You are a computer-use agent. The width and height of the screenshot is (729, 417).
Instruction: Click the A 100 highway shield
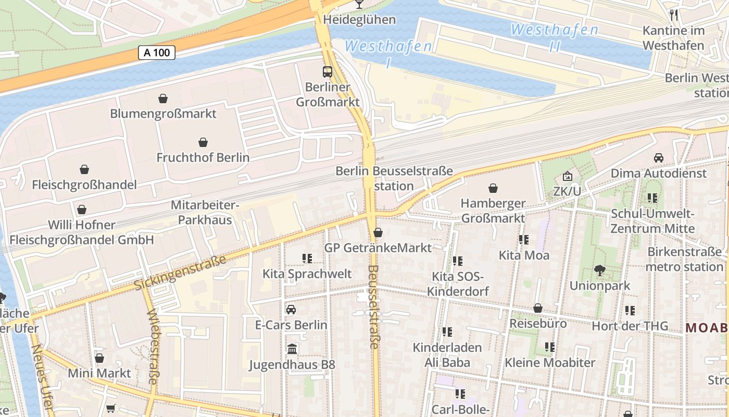click(x=156, y=52)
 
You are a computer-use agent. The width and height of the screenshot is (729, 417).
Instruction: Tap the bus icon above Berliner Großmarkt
click(x=328, y=72)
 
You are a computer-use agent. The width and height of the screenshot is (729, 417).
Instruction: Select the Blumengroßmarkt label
click(x=163, y=113)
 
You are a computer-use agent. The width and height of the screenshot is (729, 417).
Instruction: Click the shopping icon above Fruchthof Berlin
click(x=203, y=142)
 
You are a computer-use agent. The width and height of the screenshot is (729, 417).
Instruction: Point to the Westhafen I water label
click(x=388, y=53)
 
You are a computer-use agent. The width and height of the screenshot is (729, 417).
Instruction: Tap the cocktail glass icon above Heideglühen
click(x=359, y=5)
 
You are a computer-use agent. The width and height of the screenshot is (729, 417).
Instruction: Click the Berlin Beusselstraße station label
click(x=394, y=178)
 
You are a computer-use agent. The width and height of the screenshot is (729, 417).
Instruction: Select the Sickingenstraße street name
click(x=180, y=273)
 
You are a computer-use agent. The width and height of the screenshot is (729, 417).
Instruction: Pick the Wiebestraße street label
click(x=153, y=347)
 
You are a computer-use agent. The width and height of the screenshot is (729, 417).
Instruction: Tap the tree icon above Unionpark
click(x=600, y=271)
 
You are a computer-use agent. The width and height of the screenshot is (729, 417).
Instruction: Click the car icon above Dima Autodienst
click(x=658, y=158)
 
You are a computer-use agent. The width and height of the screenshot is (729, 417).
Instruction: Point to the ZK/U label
click(x=567, y=191)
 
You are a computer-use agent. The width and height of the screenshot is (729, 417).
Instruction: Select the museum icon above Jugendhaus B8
click(x=292, y=349)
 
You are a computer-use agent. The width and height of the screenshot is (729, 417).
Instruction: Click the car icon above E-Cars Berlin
click(x=291, y=310)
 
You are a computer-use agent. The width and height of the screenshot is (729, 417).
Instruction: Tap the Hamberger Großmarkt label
click(x=493, y=211)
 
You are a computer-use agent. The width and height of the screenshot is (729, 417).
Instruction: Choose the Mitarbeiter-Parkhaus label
click(x=205, y=212)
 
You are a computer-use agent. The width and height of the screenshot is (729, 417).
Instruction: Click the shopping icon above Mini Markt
click(x=99, y=358)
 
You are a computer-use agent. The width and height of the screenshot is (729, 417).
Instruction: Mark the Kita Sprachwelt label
click(x=307, y=274)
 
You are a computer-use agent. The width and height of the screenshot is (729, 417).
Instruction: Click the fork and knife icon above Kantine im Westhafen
click(x=674, y=15)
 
